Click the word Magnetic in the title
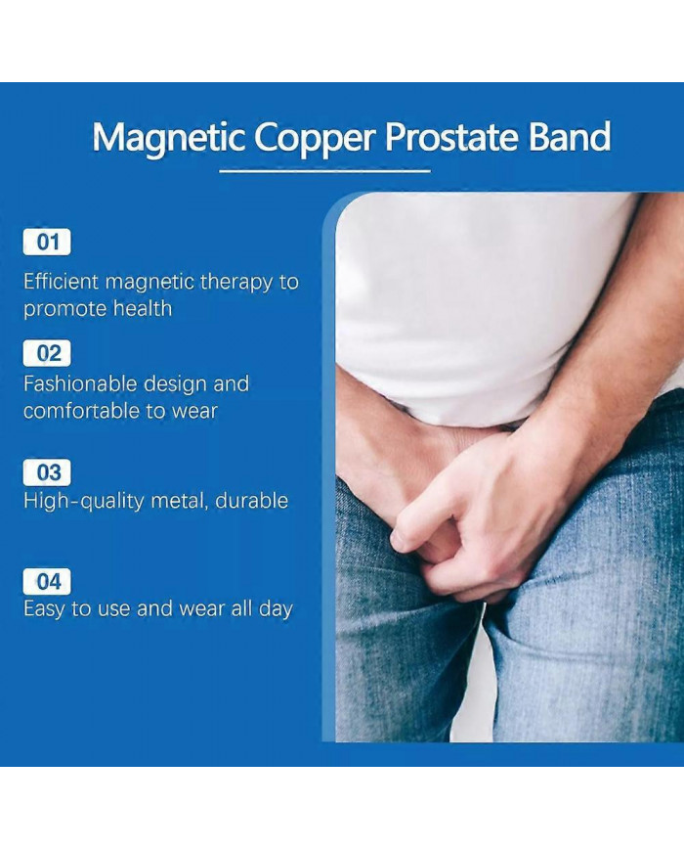[169, 138]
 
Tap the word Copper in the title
[315, 138]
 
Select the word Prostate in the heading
[450, 138]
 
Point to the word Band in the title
[570, 138]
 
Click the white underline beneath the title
[324, 171]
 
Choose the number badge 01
[47, 242]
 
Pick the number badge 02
[47, 352]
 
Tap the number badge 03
[47, 472]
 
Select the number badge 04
[47, 582]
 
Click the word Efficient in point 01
[61, 283]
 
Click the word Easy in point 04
[44, 609]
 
